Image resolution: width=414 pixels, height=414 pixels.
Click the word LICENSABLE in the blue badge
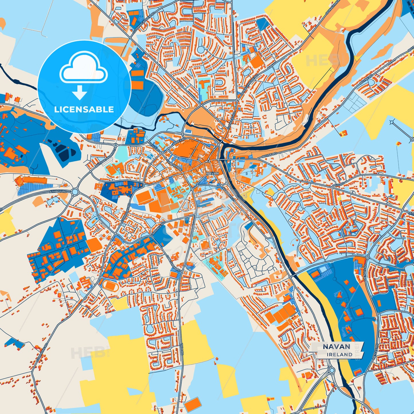pos(84,109)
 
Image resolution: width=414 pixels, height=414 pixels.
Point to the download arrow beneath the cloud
pos(80,92)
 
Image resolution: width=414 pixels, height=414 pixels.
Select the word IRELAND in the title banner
pos(340,354)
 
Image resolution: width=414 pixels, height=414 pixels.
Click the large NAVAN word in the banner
pos(337,347)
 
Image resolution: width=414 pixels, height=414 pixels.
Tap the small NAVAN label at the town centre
pos(212,173)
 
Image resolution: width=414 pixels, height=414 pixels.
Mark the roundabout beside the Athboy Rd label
pos(75,192)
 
